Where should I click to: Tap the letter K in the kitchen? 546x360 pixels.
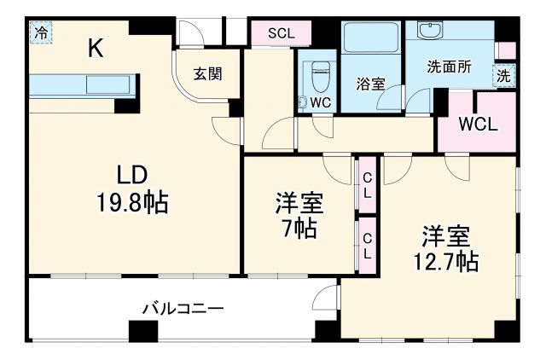[96, 49]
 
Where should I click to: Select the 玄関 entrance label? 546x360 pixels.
[207, 74]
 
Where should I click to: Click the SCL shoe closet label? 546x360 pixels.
[281, 33]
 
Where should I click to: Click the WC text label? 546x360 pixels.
[321, 102]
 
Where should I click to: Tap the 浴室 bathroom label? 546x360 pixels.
[370, 84]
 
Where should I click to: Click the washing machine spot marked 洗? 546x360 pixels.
[505, 75]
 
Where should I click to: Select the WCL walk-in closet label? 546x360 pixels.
[478, 122]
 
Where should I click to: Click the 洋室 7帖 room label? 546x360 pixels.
[299, 216]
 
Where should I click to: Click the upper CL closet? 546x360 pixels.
[367, 184]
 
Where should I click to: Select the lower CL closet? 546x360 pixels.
[367, 245]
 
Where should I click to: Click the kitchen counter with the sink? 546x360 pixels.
[82, 86]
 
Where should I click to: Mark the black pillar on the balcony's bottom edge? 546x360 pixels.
[137, 331]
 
